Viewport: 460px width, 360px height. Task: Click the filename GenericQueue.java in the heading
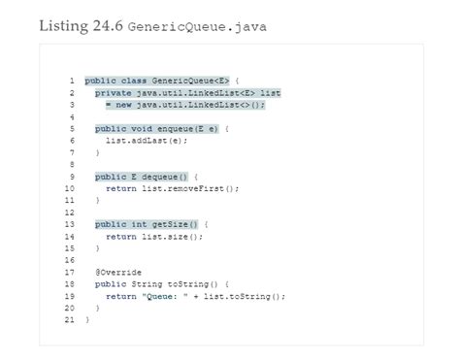coord(197,26)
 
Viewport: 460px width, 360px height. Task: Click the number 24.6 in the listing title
coord(104,25)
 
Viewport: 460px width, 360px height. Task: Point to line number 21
coord(71,319)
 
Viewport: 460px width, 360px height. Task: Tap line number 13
coord(71,224)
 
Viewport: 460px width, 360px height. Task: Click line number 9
coord(73,177)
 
